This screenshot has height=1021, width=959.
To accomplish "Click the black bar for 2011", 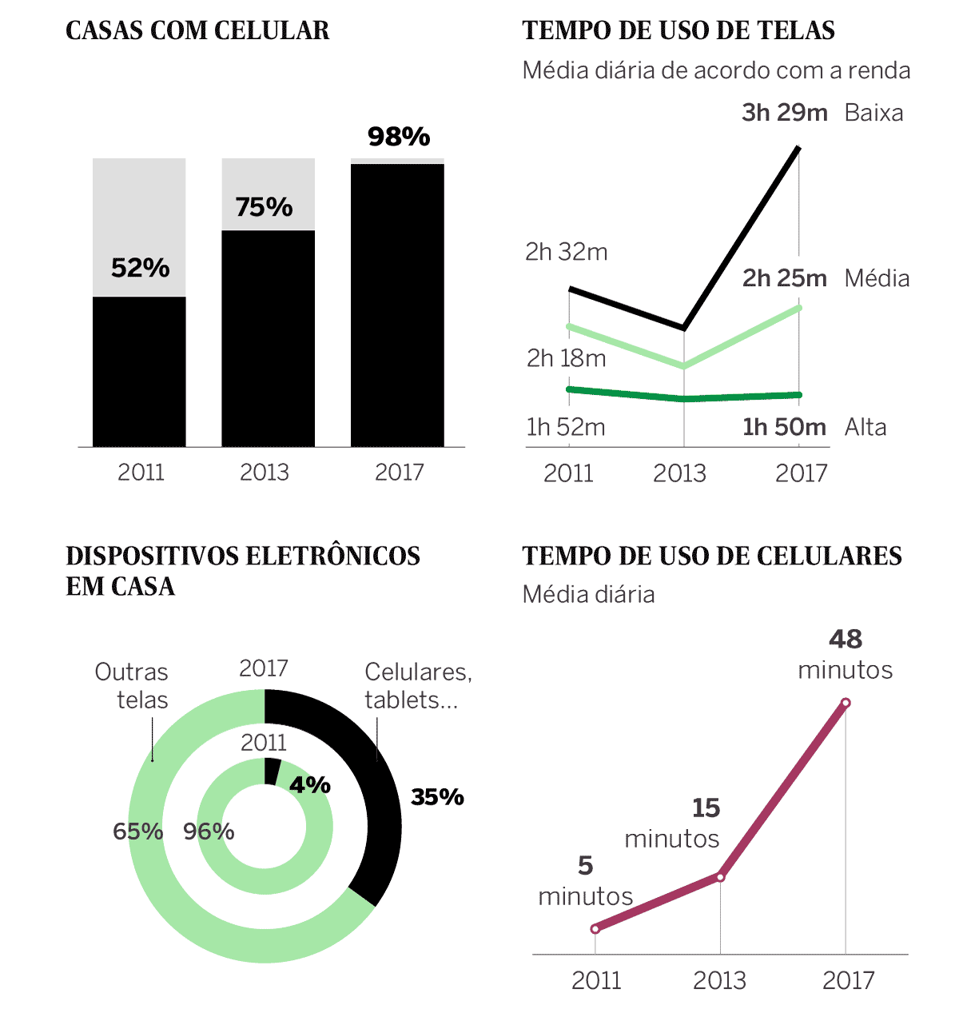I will click(139, 372).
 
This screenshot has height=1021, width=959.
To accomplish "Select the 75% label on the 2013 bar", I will click(264, 207).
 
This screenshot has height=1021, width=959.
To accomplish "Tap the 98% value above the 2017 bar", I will click(399, 137).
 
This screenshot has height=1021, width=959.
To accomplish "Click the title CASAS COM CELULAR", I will click(197, 30).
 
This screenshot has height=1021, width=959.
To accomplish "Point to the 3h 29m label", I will click(784, 113).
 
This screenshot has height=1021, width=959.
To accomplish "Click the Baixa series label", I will click(873, 113).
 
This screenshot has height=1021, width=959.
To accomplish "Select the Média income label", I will click(877, 278).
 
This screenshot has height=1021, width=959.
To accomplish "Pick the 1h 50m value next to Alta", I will click(784, 427).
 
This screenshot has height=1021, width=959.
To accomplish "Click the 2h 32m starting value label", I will click(566, 252).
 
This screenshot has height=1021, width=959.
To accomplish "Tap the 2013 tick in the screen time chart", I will click(679, 473).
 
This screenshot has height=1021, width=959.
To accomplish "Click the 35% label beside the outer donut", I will click(437, 796).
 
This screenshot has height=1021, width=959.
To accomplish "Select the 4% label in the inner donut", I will click(310, 784).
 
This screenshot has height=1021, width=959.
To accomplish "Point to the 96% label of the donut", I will click(209, 832).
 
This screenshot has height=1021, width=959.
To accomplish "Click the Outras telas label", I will click(132, 685).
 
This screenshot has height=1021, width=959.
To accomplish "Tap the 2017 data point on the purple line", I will click(846, 703).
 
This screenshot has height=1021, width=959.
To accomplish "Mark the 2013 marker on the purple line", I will click(720, 877).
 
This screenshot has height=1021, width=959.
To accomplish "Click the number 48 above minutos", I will click(846, 639).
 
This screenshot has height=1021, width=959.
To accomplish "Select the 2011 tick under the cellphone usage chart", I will click(596, 980).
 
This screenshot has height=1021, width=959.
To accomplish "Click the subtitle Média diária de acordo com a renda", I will click(716, 70).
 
